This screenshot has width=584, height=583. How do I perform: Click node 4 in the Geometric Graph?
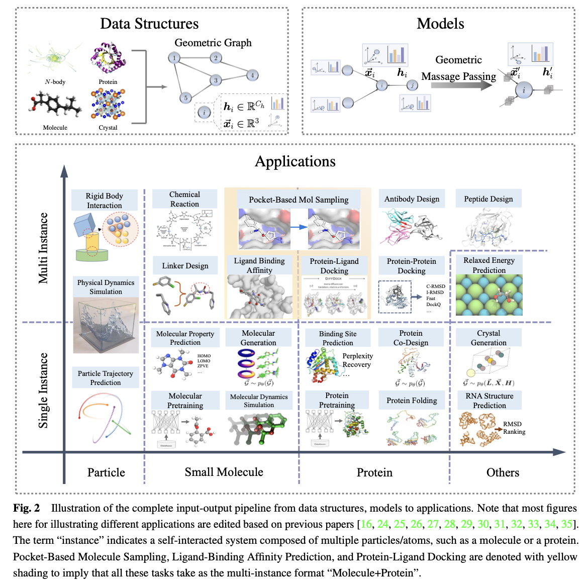pos(252,75)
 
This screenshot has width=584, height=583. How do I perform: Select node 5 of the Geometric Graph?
pos(185,98)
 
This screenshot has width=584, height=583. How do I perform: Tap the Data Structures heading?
pos(149,24)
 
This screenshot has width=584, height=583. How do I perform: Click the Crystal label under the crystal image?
pos(108,128)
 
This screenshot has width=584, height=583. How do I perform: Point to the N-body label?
pos(55,82)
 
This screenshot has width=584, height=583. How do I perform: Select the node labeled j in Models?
pos(412,85)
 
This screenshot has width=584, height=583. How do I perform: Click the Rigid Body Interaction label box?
pos(104,201)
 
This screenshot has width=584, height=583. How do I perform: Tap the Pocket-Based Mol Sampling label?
pos(299,200)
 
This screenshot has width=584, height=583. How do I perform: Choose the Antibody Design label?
pos(412,199)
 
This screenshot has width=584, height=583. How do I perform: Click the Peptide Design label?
pos(489,199)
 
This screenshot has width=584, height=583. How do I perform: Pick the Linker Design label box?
pos(185,266)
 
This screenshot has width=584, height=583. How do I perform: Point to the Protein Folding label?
pos(412,401)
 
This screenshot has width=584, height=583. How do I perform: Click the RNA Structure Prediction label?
pos(489,401)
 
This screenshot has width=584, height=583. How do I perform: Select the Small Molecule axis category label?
pos(224,472)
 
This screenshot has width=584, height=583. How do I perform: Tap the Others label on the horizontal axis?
pos(503,472)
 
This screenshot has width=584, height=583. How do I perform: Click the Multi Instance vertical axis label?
pos(44,248)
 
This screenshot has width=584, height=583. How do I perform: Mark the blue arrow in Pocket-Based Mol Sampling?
pos(299,227)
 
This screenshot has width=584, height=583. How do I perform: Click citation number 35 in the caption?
pos(566,524)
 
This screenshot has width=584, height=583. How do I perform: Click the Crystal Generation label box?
pos(489,338)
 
